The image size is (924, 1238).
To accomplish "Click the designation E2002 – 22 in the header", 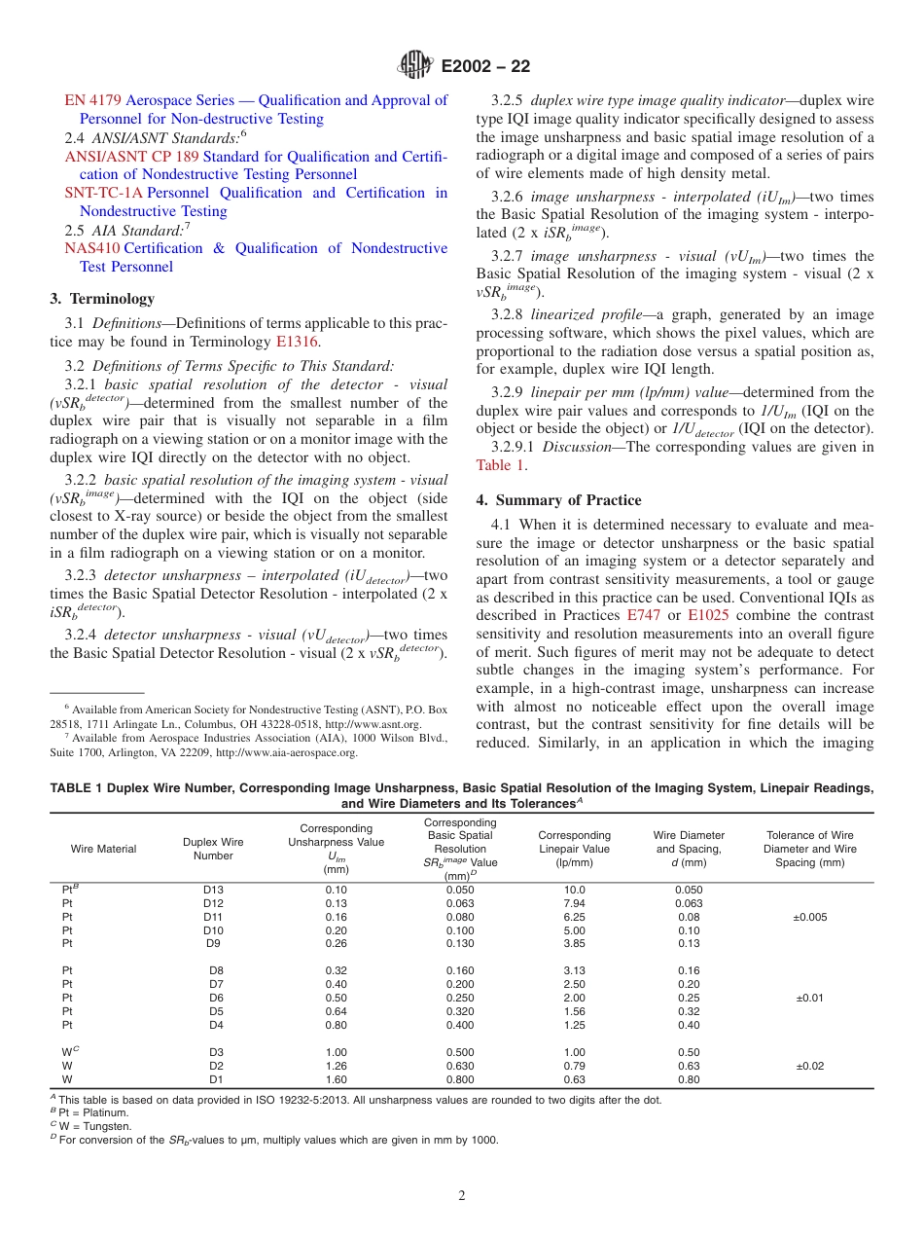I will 485,66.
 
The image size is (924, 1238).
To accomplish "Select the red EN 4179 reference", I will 93,100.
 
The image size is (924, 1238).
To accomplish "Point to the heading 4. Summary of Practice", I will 558,500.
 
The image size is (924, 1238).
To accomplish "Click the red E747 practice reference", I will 643,615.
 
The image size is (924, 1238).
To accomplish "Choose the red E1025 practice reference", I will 707,615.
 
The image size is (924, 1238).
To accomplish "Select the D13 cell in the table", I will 213,890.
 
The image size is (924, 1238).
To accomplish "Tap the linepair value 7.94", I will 574,903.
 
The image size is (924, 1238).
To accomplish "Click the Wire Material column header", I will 103,849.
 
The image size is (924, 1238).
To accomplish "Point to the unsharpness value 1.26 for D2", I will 336,1066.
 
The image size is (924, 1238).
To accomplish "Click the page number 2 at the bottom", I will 462,1195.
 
